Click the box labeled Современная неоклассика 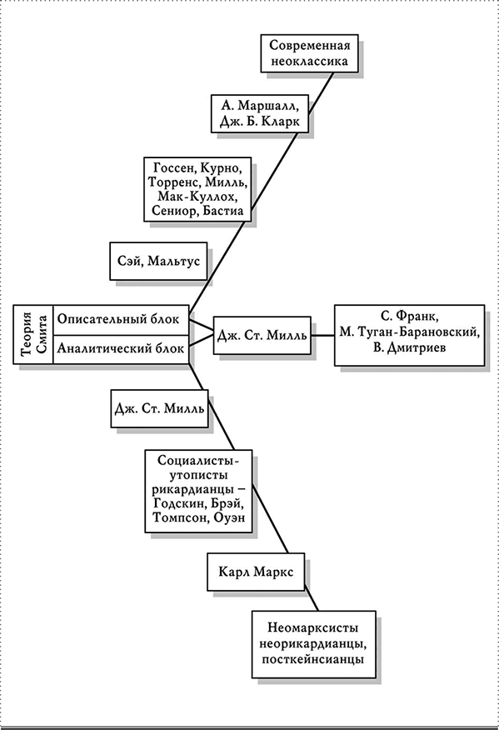click(x=309, y=53)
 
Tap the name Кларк click(x=281, y=122)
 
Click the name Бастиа click(x=224, y=211)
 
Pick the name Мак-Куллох click(x=197, y=196)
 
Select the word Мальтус click(x=173, y=261)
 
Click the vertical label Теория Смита click(x=33, y=334)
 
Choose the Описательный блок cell click(x=121, y=319)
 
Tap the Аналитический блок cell click(x=121, y=348)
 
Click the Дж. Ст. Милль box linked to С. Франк click(x=262, y=335)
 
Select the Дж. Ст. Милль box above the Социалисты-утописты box click(x=159, y=408)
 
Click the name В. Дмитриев click(x=410, y=347)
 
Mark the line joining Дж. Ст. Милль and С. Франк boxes click(x=322, y=335)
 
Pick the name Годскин click(x=176, y=505)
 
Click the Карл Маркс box click(x=256, y=572)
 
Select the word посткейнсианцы click(x=312, y=659)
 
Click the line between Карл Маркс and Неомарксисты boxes click(x=312, y=601)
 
